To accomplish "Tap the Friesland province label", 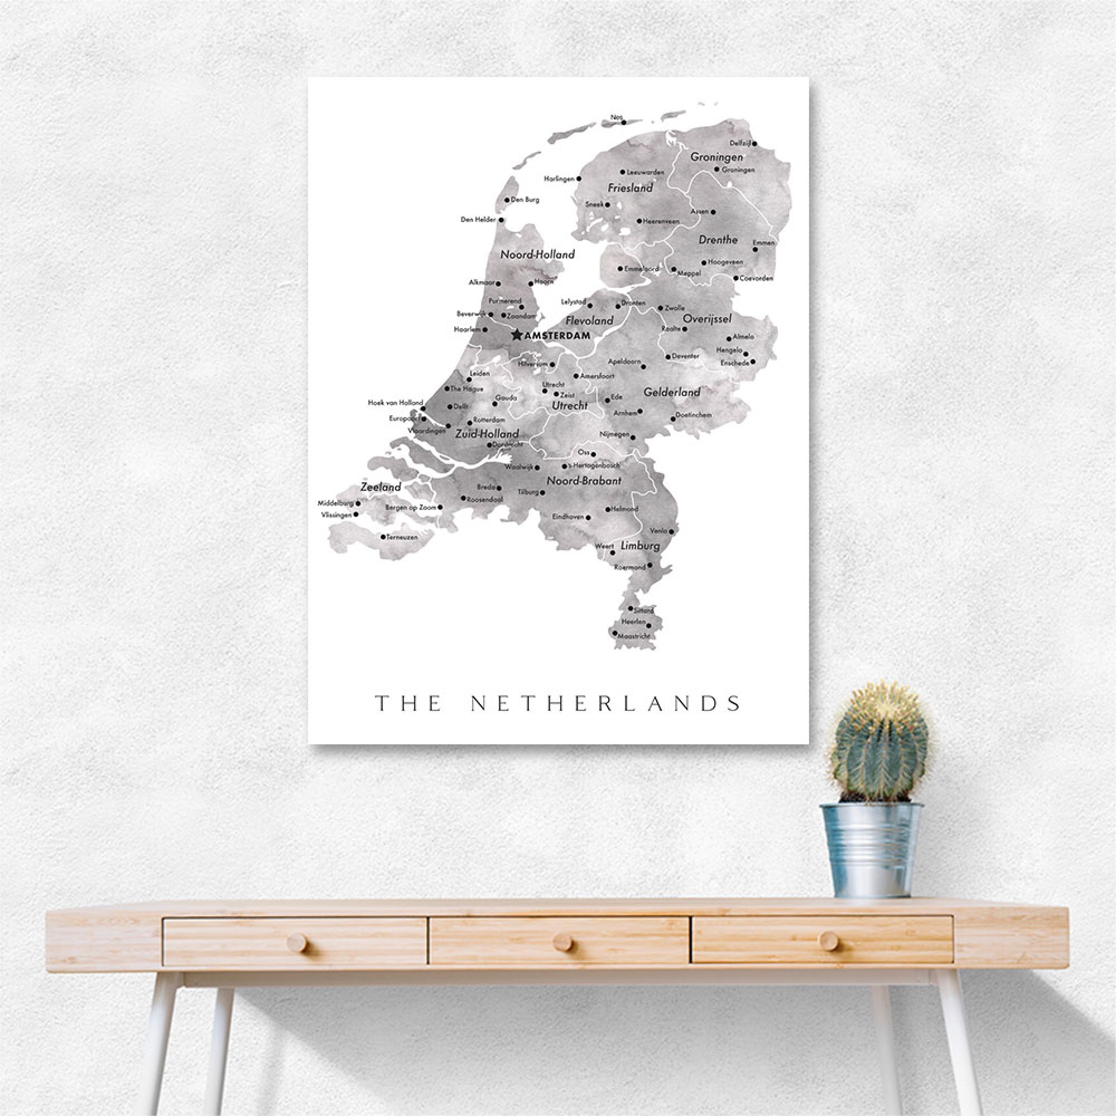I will pos(630,187).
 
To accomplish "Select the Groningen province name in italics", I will pos(716,157).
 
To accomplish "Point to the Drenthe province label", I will pos(718,239).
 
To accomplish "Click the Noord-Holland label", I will pos(537,254).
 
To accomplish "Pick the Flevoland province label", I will pos(589,320).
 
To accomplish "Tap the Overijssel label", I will pos(707,318).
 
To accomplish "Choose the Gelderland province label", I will pos(672,392).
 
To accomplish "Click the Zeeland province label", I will pos(381,487).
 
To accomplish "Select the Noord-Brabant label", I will pos(584,480).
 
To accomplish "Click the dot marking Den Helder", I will pos(502,220).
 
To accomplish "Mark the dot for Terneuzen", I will pos(383,537).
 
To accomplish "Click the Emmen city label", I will pos(764,243).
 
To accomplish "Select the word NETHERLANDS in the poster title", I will pos(605,704).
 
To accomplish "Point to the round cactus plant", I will pos(879,743).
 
